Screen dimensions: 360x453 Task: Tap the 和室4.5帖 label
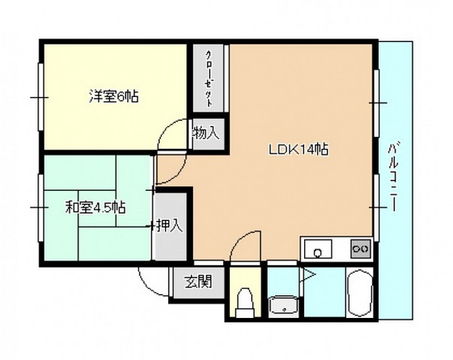[95, 206]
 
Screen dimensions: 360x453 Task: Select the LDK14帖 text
[298, 149]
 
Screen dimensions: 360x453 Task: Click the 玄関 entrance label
[197, 282]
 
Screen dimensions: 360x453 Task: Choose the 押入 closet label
[170, 226]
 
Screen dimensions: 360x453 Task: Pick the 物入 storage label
[205, 133]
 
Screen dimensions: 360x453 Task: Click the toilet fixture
[243, 303]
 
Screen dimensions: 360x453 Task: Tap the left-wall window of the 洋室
[39, 97]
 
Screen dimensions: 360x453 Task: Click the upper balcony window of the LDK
[377, 102]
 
